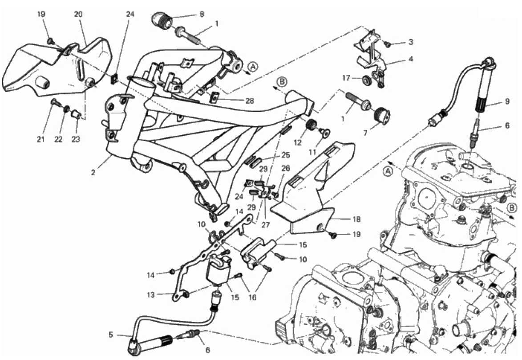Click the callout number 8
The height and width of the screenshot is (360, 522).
pyautogui.click(x=202, y=14)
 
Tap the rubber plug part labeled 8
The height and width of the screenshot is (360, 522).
pyautogui.click(x=162, y=20)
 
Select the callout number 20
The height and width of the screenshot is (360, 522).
pyautogui.click(x=78, y=14)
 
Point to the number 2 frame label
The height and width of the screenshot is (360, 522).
pyautogui.click(x=93, y=173)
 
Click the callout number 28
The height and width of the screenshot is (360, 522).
pyautogui.click(x=249, y=101)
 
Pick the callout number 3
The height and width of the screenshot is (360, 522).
pyautogui.click(x=410, y=42)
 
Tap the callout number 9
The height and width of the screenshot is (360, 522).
pyautogui.click(x=506, y=102)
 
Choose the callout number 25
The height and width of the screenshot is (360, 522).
pyautogui.click(x=285, y=155)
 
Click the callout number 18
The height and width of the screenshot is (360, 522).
pyautogui.click(x=357, y=219)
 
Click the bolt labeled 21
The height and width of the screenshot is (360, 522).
pyautogui.click(x=54, y=102)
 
